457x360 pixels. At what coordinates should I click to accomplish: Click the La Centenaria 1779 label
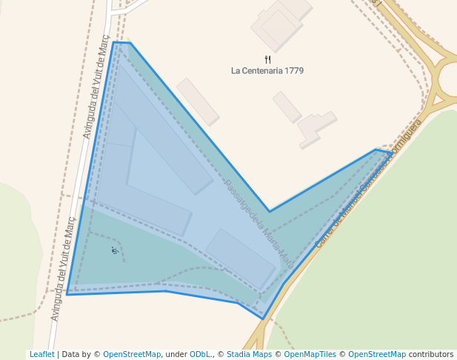click(x=267, y=71)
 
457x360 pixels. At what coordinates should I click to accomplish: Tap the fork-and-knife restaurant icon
click(x=267, y=59)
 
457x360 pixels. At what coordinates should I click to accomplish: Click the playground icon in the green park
click(x=114, y=250)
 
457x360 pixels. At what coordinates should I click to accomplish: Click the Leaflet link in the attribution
click(x=41, y=354)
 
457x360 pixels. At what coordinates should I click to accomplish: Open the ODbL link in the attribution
click(x=199, y=354)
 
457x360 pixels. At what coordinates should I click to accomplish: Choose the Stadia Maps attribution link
click(x=249, y=354)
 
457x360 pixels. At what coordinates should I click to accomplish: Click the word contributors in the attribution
click(x=430, y=354)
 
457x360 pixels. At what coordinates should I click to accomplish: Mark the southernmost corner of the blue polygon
click(x=263, y=319)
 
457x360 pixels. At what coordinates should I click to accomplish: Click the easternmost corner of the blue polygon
click(x=392, y=153)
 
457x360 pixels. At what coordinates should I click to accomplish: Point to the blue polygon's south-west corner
click(x=67, y=294)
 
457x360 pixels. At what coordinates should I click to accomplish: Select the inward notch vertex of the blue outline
click(x=270, y=211)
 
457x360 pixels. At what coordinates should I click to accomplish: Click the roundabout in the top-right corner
click(x=450, y=77)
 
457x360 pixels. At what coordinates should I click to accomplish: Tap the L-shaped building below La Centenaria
click(x=316, y=127)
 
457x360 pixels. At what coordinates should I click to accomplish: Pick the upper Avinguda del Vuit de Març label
click(x=96, y=87)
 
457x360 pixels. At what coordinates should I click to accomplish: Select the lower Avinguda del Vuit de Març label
click(x=63, y=268)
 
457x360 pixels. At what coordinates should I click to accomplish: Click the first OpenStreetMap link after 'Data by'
click(x=132, y=354)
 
